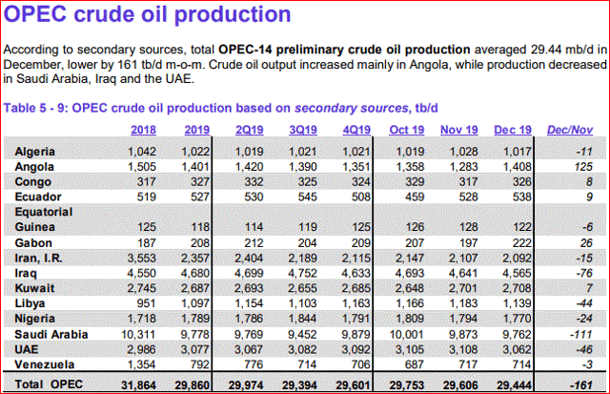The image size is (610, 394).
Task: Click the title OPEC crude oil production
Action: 148,16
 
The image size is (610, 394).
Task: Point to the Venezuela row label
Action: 48,364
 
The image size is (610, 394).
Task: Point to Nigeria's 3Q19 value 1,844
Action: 317,318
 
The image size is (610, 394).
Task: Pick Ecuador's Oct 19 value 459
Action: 405,197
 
